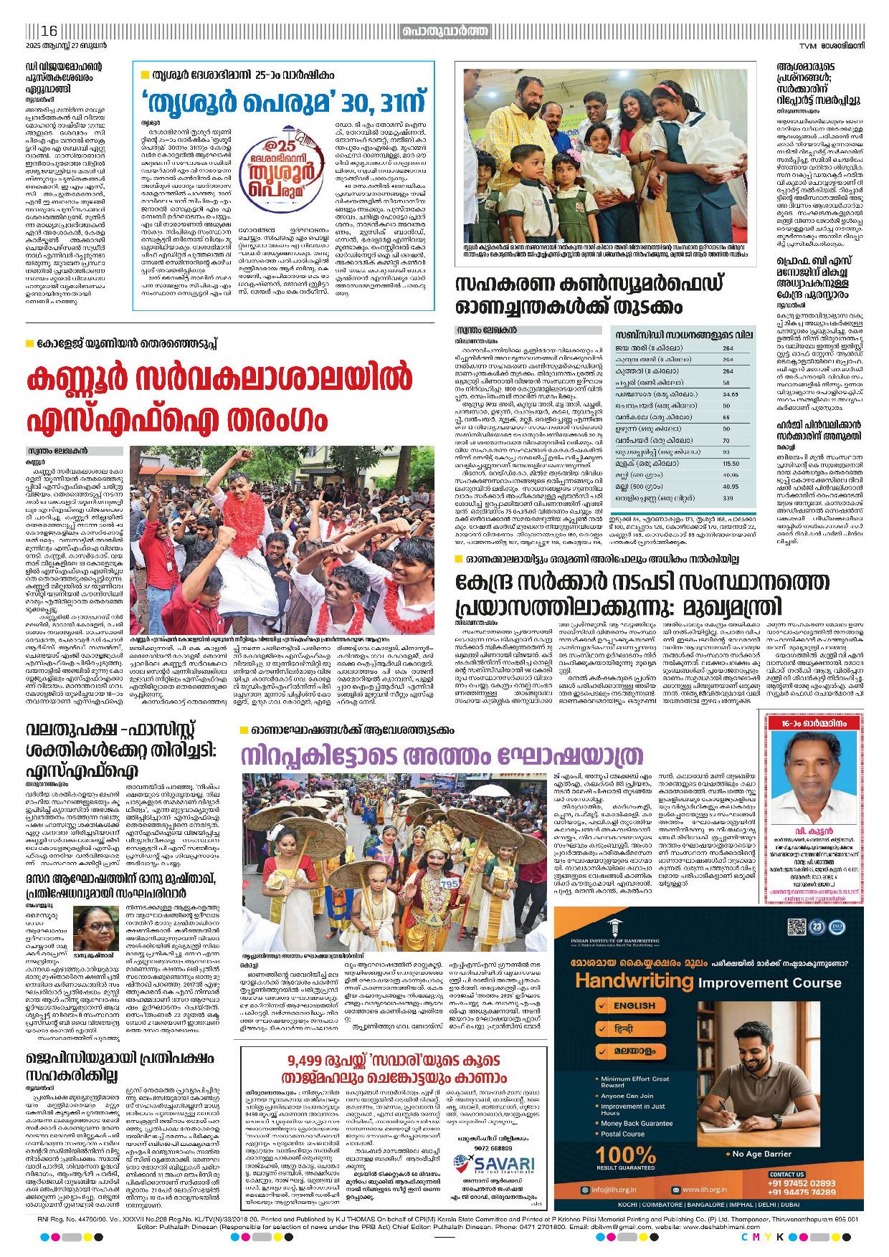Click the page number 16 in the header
49,31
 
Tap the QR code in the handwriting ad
797,927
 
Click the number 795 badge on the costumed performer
450,884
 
